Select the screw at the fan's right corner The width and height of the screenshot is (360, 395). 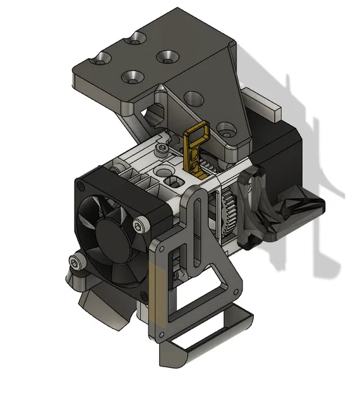[137, 224]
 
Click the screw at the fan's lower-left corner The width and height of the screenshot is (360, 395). [76, 262]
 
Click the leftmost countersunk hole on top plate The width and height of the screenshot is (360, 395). [102, 59]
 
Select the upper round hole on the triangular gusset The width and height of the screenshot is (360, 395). [194, 98]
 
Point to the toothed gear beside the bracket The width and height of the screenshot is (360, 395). [229, 212]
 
